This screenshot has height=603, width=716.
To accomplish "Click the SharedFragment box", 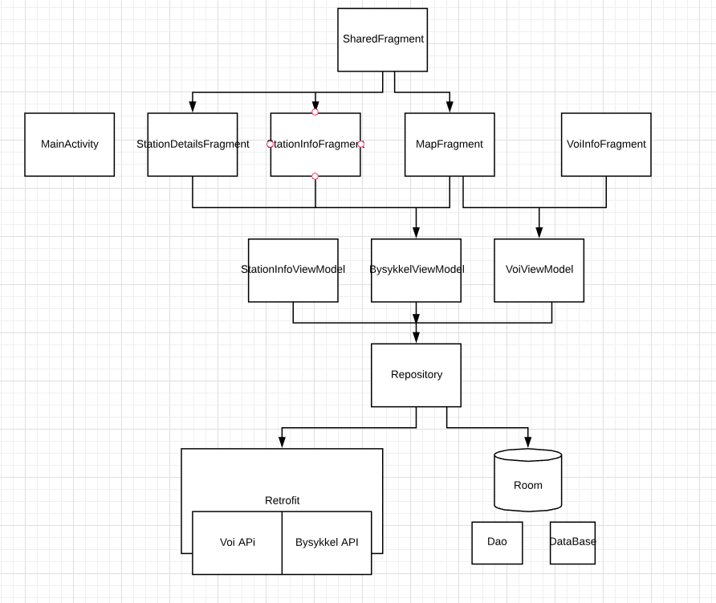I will (383, 39).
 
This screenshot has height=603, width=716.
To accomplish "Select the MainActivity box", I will (70, 145).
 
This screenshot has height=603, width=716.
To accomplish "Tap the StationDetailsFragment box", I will (193, 145).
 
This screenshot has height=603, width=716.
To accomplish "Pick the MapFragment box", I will (450, 145).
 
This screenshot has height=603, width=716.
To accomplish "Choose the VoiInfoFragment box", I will (606, 145).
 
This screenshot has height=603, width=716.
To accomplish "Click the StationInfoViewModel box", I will (293, 270).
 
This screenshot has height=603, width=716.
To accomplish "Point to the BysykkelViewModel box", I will (417, 270).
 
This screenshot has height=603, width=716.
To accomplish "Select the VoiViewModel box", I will (539, 270).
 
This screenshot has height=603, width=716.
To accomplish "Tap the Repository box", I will (417, 375).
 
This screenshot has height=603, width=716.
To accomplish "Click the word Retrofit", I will (283, 500).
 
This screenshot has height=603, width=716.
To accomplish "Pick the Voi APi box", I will (238, 543).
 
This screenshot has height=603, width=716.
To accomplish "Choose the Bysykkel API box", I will (327, 543).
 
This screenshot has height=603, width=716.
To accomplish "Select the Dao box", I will (497, 542).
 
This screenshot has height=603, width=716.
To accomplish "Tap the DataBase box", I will (573, 542).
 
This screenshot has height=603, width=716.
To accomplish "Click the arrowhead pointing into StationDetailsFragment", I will (193, 107).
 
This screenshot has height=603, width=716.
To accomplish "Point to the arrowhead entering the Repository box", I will (417, 338).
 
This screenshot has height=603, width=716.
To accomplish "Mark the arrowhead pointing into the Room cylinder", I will (528, 442).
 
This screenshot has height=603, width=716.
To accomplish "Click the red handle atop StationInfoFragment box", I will (315, 112).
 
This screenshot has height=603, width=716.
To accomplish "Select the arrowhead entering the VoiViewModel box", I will (539, 233).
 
